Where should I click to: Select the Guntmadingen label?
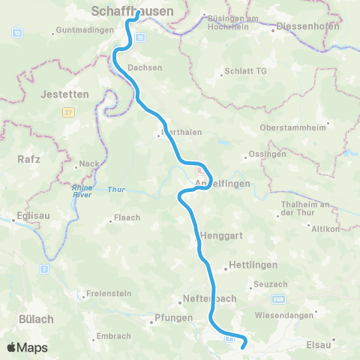point(84,31)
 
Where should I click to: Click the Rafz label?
point(28,159)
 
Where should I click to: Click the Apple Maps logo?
point(27,347)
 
